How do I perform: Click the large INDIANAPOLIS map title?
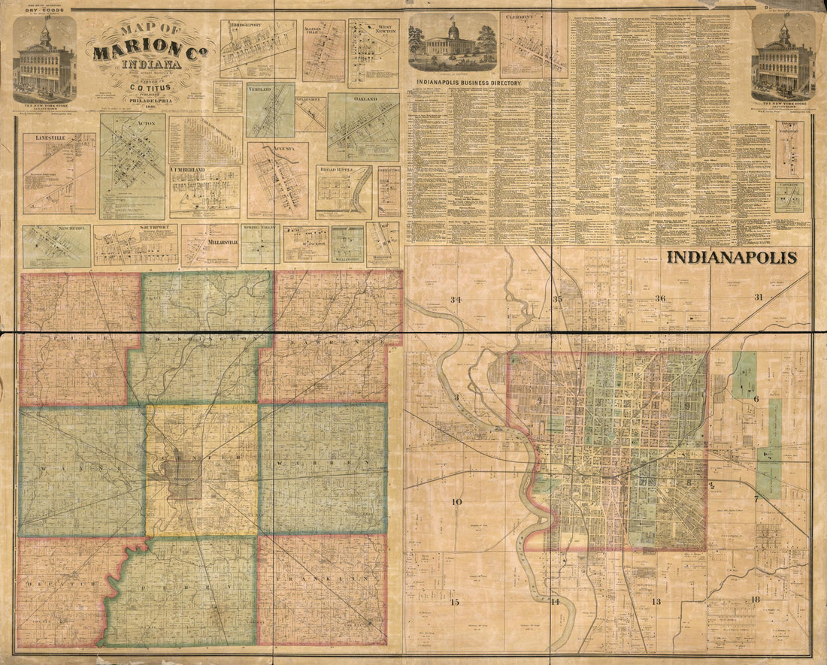coord(732,258)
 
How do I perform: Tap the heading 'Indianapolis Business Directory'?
coord(465,83)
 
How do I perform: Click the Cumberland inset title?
coord(192,171)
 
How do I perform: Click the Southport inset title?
coord(135,228)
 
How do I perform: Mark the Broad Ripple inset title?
coord(342,171)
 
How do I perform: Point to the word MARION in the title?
coord(135,52)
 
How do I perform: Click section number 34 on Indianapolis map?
coord(455,300)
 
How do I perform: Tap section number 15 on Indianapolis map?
coord(453,602)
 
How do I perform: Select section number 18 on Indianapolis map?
coord(756,599)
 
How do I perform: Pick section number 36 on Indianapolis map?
coord(660,299)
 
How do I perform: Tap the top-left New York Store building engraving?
coord(44,60)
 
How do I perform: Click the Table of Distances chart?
coord(204,139)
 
